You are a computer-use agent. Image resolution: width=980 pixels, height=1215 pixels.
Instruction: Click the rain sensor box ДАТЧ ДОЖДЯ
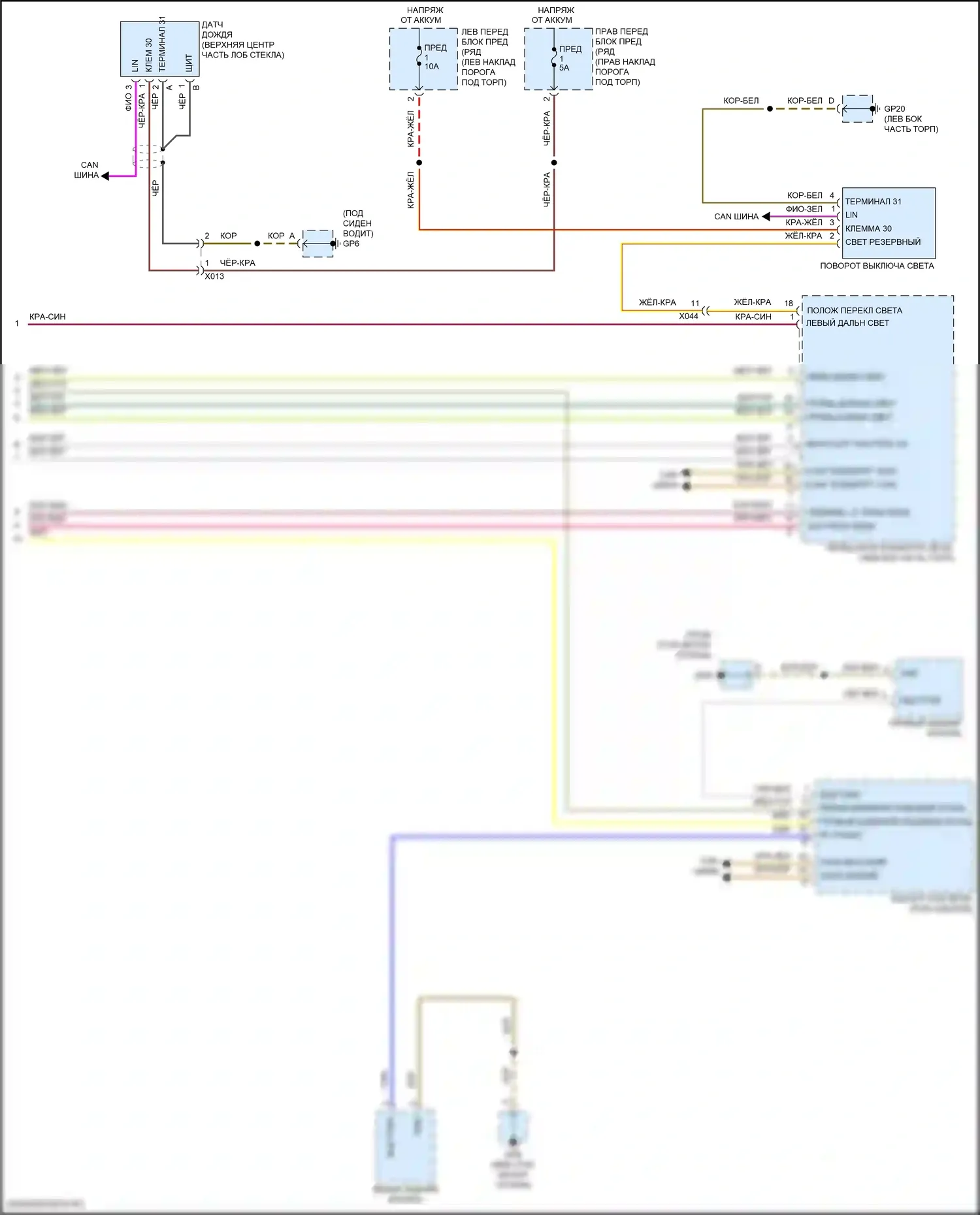pos(159,49)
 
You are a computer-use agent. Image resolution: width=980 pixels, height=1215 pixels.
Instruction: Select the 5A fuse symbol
pos(554,57)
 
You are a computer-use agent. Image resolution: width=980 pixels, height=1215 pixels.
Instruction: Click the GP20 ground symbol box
pos(858,109)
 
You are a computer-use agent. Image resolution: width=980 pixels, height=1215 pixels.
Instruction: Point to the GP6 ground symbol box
pos(318,244)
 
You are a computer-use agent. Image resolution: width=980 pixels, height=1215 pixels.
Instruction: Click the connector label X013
pos(214,276)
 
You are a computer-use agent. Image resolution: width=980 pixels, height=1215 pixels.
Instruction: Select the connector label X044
pos(688,316)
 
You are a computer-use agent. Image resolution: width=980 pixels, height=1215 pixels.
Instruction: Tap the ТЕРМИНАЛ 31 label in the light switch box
pos(873,202)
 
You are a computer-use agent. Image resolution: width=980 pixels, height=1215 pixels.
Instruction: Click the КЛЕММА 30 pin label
pos(868,229)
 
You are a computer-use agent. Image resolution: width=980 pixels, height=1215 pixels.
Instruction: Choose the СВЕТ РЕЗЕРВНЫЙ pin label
pos(883,242)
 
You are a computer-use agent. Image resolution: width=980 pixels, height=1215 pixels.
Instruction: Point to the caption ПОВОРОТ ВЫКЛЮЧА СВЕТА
pos(877,266)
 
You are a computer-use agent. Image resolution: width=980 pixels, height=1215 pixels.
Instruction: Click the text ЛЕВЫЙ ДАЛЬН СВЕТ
pos(847,323)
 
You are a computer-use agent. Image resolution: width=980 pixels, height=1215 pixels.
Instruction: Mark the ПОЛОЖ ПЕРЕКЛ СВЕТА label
pos(854,311)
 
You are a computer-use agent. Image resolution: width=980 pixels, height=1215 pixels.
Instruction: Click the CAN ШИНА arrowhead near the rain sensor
pos(105,176)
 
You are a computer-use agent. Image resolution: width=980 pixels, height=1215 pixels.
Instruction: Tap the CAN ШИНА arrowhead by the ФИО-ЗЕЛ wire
pos(766,217)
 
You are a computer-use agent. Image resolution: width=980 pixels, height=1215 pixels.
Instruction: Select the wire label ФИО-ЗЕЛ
pos(804,209)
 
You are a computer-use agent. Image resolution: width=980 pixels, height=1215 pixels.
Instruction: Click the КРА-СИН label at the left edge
pos(47,317)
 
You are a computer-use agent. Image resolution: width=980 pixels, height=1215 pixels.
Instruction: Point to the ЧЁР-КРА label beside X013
pos(237,263)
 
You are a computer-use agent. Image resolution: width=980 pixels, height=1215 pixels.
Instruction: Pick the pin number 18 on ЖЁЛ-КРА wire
pos(789,304)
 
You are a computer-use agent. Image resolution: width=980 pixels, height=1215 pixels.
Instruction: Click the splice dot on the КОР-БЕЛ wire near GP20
pos(770,109)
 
